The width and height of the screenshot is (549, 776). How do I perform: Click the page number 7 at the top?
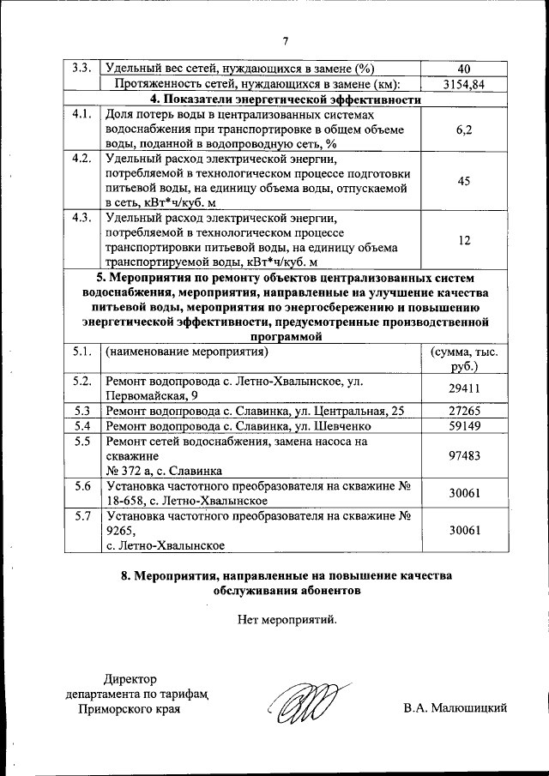286,40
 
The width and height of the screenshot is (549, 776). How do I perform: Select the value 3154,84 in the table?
464,84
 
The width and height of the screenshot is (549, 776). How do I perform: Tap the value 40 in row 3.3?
464,69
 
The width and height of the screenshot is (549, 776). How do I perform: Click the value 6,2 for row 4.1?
464,129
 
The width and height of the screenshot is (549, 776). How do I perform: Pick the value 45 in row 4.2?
464,181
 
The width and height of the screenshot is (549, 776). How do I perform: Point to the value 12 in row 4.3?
464,241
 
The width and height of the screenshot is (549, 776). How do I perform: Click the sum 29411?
464,388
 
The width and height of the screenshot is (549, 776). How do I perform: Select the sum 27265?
464,411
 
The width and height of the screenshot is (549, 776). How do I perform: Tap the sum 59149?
464,426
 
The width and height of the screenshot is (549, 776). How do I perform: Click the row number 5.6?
82,486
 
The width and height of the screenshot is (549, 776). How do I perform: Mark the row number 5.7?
82,517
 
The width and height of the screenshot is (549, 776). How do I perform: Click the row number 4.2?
82,159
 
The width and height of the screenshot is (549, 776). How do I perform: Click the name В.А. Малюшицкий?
455,707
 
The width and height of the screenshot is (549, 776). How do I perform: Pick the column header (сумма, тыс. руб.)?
464,359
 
